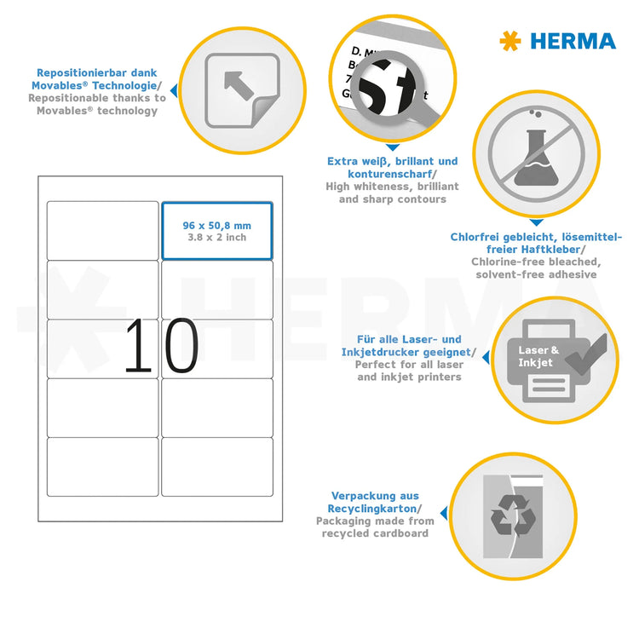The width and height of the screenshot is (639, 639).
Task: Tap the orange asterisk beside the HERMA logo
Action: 509,40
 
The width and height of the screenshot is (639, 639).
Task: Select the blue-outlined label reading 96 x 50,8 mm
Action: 217,230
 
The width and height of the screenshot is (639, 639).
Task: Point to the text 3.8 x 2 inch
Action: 217,238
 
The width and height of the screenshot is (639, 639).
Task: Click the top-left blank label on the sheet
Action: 102,230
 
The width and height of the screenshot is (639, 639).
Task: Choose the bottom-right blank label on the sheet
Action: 217,466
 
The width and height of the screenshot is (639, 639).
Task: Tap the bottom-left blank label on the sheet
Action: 102,466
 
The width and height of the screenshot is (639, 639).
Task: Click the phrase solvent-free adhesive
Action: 536,274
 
